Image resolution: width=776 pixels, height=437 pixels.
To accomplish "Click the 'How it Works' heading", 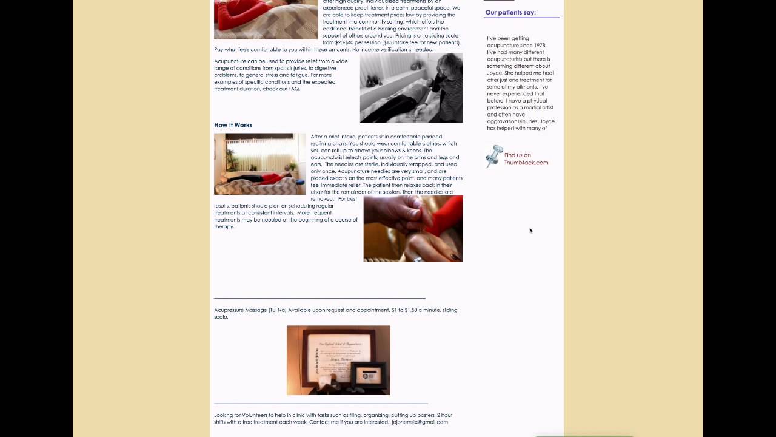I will (233, 125).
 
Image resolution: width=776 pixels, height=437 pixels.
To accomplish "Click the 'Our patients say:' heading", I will (510, 12).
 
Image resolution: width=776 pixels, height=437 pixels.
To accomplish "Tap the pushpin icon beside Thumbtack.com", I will (494, 156).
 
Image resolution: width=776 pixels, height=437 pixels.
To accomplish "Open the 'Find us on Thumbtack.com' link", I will (526, 159).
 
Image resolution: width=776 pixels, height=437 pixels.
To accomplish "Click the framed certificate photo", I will (338, 360).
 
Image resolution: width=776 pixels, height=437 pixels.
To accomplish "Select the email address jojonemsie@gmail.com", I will (420, 422).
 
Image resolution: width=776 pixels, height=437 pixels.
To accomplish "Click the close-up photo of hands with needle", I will (413, 229).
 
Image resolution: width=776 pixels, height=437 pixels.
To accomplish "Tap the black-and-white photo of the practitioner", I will (411, 87).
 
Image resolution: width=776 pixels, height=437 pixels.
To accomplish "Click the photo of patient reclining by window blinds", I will (259, 164).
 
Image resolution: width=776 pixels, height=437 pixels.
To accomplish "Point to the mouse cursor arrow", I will (530, 230).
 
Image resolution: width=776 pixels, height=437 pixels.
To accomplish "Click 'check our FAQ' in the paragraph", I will (281, 89).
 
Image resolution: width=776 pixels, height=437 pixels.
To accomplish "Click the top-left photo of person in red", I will (266, 19).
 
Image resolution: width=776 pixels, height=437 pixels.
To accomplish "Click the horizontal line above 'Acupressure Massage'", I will (319, 298).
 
